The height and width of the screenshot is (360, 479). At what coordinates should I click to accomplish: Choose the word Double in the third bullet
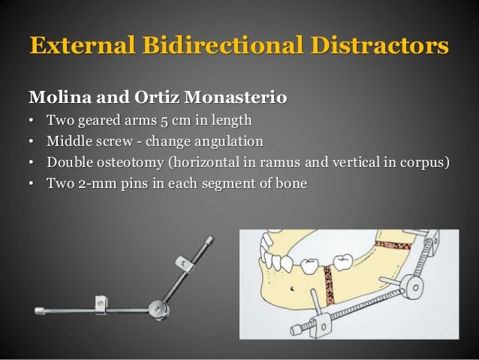pos(71,162)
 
